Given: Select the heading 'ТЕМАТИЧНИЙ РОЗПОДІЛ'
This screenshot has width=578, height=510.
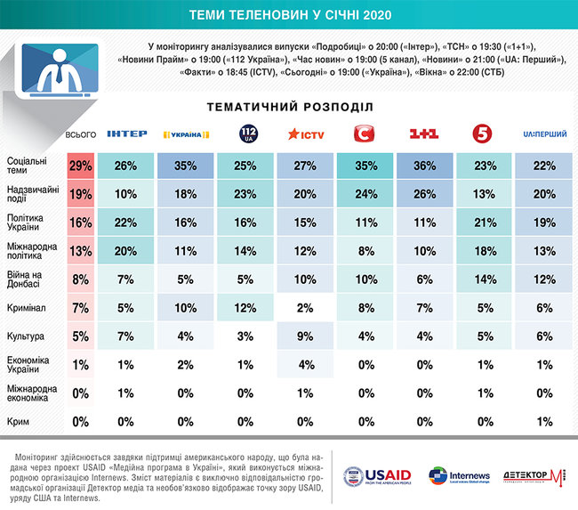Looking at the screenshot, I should coord(289,106).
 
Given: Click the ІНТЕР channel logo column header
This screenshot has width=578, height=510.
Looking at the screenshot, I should coord(126,134).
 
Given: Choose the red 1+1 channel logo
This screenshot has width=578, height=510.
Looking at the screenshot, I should coord(424,134).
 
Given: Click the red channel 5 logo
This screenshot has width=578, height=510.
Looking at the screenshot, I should coord(484,134).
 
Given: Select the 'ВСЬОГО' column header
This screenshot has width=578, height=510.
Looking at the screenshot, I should coord(80,134).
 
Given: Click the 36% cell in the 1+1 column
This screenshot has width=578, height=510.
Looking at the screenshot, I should coord(424,166).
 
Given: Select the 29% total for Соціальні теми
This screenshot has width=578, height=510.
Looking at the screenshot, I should coord(80,166).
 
